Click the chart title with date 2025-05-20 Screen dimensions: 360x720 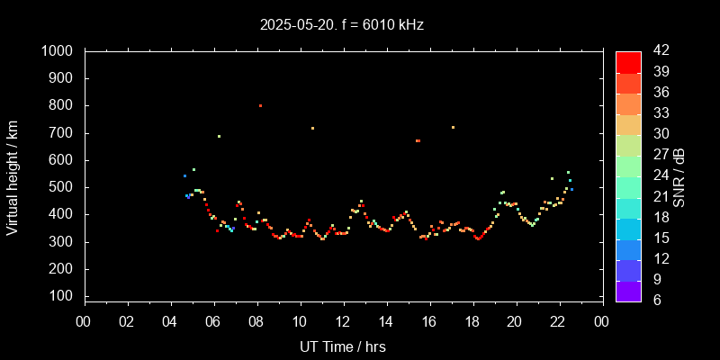coord(342,24)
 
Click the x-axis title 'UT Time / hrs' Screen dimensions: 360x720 coord(342,346)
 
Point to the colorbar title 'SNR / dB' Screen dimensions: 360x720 coord(679,175)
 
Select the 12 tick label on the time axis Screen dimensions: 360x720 coord(343,322)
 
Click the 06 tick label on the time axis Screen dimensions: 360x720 coord(213,322)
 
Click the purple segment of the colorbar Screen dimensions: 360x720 coord(628,291)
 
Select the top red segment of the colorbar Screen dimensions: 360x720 coord(628,61)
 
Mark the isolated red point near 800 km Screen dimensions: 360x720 coord(260,105)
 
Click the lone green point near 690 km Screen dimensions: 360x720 coord(219,136)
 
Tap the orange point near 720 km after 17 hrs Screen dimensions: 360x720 coord(453,127)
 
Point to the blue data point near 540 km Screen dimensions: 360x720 coord(184,175)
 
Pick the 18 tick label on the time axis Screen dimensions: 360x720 coord(472,322)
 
